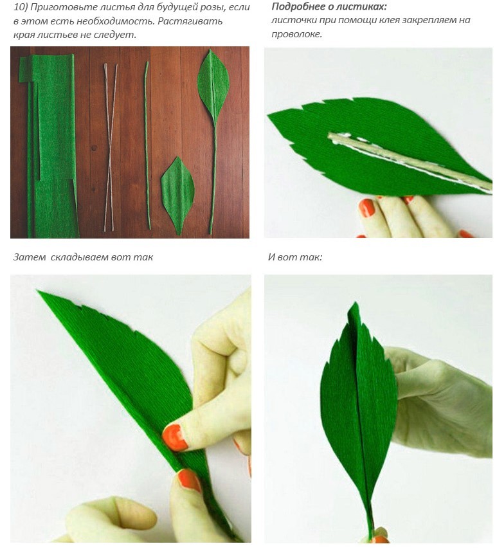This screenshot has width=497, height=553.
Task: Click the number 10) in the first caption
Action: point(21,8)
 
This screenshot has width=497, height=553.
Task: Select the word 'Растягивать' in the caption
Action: point(190,21)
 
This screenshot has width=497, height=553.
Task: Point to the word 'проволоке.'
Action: point(296,34)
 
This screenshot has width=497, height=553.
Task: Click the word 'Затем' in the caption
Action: point(30,257)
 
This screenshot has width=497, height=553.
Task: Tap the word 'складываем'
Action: point(78,257)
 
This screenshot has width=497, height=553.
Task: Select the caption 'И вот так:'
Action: point(295,257)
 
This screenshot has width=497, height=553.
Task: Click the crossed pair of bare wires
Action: point(110,147)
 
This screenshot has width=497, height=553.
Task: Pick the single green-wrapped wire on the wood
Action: point(147,145)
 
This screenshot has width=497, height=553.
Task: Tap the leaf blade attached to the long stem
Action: point(213,87)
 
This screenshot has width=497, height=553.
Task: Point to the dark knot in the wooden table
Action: point(94,148)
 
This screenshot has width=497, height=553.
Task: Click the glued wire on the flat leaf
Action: point(409,159)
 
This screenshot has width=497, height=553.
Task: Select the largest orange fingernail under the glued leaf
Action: point(367,208)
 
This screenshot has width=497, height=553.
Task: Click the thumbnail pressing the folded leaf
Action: point(175,438)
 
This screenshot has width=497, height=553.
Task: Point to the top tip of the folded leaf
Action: point(38,291)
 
